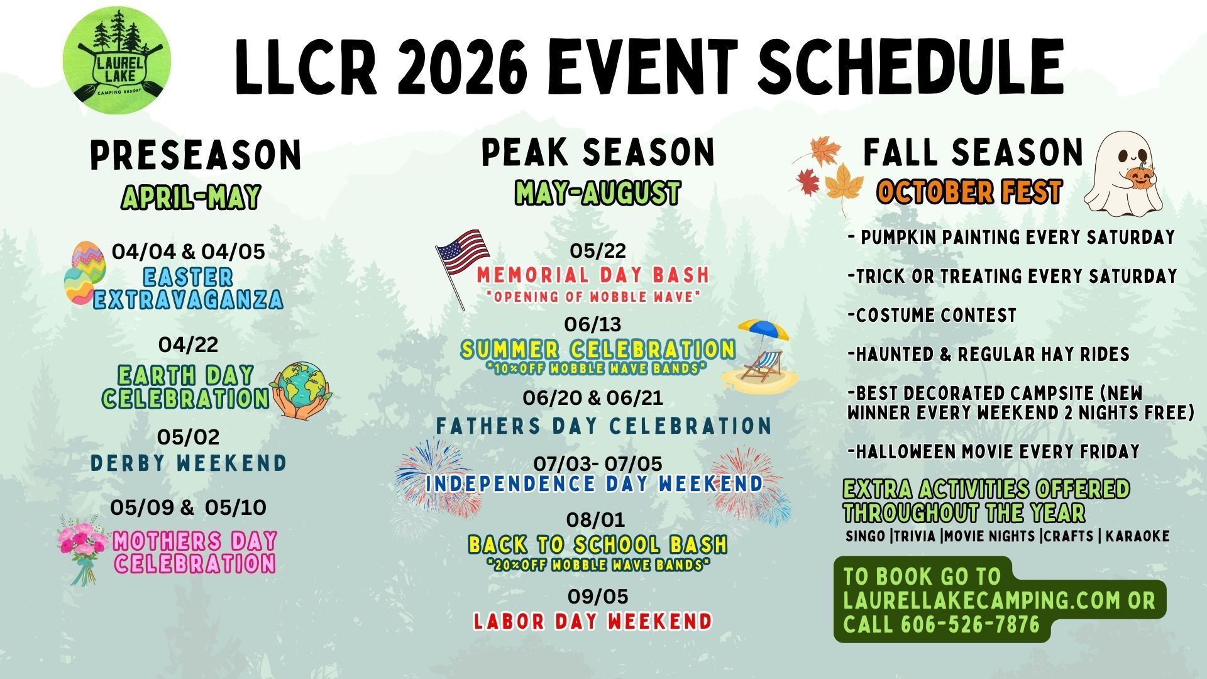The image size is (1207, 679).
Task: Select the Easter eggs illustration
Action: [x=85, y=273]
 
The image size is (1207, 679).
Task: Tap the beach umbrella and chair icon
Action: [x=761, y=356]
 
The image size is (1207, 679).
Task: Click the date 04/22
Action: [x=189, y=345]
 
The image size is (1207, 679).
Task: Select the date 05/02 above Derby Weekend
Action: [x=189, y=437]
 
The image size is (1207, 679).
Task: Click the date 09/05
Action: [x=598, y=596]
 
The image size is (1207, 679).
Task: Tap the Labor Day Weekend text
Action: [x=593, y=621]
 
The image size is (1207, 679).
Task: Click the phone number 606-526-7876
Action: [x=970, y=625]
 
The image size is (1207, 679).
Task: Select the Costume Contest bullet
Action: [x=932, y=315]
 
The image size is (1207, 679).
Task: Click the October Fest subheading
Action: [x=969, y=192]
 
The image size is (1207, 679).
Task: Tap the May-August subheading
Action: [x=597, y=192]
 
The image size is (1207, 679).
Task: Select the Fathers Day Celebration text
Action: [x=603, y=426]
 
